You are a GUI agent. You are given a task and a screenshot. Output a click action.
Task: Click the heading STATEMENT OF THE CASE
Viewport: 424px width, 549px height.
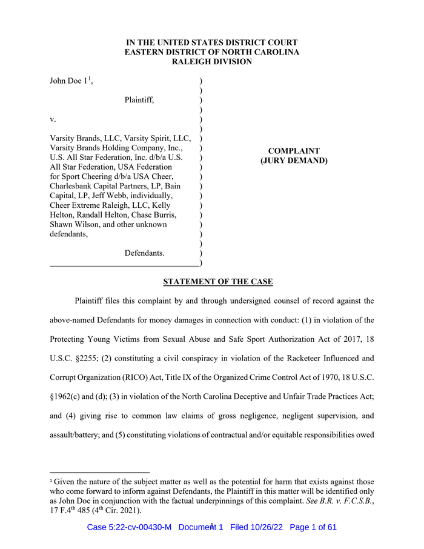[x=218, y=282]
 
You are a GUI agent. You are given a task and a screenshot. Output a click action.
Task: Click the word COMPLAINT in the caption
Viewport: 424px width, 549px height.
[x=294, y=151]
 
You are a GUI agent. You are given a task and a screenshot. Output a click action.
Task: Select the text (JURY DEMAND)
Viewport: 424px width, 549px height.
[x=294, y=161]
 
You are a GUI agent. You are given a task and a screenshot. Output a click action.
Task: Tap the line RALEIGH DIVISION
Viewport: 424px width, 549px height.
[x=211, y=62]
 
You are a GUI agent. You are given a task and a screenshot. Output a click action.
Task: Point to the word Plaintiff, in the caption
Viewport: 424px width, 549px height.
[x=139, y=99]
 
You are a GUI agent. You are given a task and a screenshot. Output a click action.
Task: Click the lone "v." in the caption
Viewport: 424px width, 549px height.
[x=53, y=119]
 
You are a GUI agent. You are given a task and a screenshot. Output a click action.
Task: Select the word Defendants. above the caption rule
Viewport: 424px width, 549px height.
[x=145, y=252]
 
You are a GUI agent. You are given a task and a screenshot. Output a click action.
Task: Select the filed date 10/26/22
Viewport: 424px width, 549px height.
[x=267, y=527]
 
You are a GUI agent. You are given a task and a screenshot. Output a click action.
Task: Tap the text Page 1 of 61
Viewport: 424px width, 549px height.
[x=313, y=527]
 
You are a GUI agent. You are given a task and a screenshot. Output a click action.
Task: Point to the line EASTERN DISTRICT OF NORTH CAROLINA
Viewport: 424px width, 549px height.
[x=211, y=52]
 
